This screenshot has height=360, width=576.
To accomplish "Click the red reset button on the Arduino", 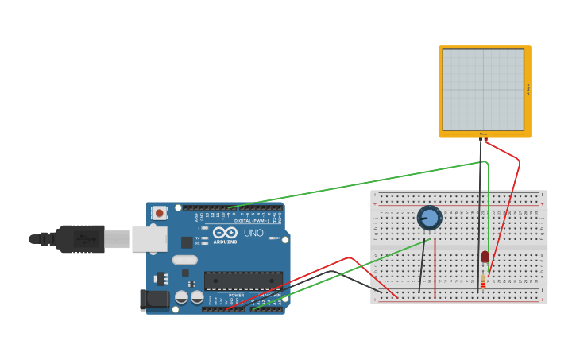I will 160,213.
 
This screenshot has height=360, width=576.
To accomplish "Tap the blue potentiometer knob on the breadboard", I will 429,218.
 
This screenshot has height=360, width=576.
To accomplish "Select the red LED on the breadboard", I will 485,257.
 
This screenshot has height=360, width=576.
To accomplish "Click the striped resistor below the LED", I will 483,281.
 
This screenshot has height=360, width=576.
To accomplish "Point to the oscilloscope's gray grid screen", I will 483,90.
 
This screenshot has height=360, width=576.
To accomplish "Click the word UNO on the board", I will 253,233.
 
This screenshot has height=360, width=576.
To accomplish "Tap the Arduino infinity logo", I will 225,233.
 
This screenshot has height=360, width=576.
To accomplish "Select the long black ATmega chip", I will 243,281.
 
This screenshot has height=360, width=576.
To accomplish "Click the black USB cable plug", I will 79,238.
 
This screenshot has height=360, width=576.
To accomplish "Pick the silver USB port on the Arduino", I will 149,238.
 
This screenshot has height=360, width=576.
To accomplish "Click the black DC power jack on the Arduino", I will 154,300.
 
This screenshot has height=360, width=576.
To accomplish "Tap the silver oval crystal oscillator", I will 184,260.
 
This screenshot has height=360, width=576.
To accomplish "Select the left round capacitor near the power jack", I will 182,297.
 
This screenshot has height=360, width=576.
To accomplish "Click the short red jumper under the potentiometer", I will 435,266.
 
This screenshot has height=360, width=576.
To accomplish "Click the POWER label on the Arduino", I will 236,295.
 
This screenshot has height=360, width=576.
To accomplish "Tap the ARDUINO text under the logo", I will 225,242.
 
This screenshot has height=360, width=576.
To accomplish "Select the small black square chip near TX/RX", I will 187,242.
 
